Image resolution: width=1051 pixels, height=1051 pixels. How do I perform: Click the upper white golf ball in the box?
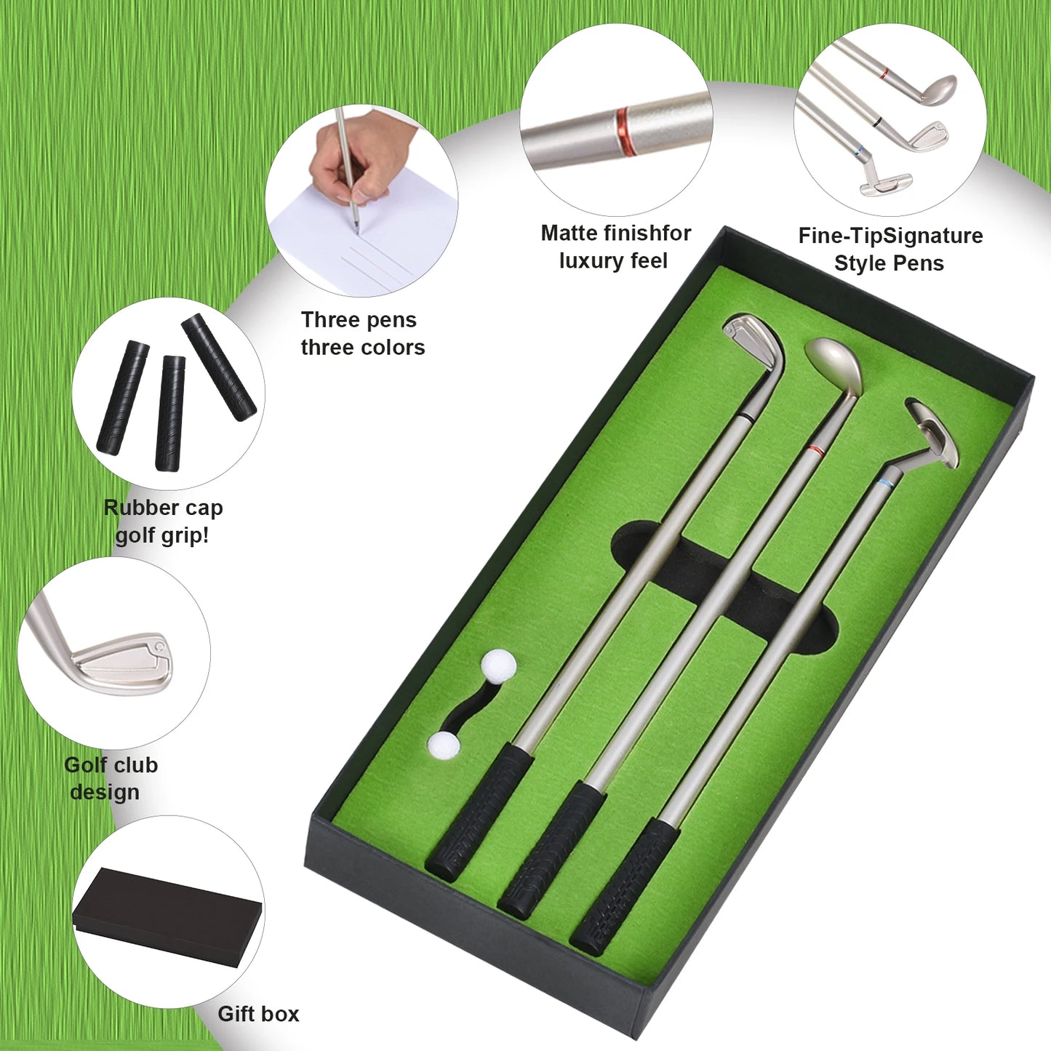click(x=499, y=666)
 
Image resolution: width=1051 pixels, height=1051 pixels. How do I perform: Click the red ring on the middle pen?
click(x=816, y=451)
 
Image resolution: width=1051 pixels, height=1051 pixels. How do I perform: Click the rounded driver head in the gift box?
click(x=835, y=363)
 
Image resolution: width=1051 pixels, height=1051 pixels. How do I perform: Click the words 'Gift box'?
click(x=258, y=1014)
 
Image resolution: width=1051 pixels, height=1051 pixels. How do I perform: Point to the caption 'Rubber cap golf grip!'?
click(x=163, y=521)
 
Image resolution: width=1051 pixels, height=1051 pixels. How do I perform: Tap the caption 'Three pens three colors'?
click(x=361, y=334)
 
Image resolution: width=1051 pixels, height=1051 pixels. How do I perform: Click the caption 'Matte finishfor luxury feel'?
click(x=615, y=247)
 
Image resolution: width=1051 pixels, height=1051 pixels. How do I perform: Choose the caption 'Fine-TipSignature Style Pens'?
click(x=890, y=249)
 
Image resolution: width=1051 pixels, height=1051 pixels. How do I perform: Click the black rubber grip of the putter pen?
click(x=624, y=885)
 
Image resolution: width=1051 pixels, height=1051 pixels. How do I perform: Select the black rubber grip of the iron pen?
click(x=479, y=812)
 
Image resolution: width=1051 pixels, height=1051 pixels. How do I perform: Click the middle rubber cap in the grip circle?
click(x=169, y=412)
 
